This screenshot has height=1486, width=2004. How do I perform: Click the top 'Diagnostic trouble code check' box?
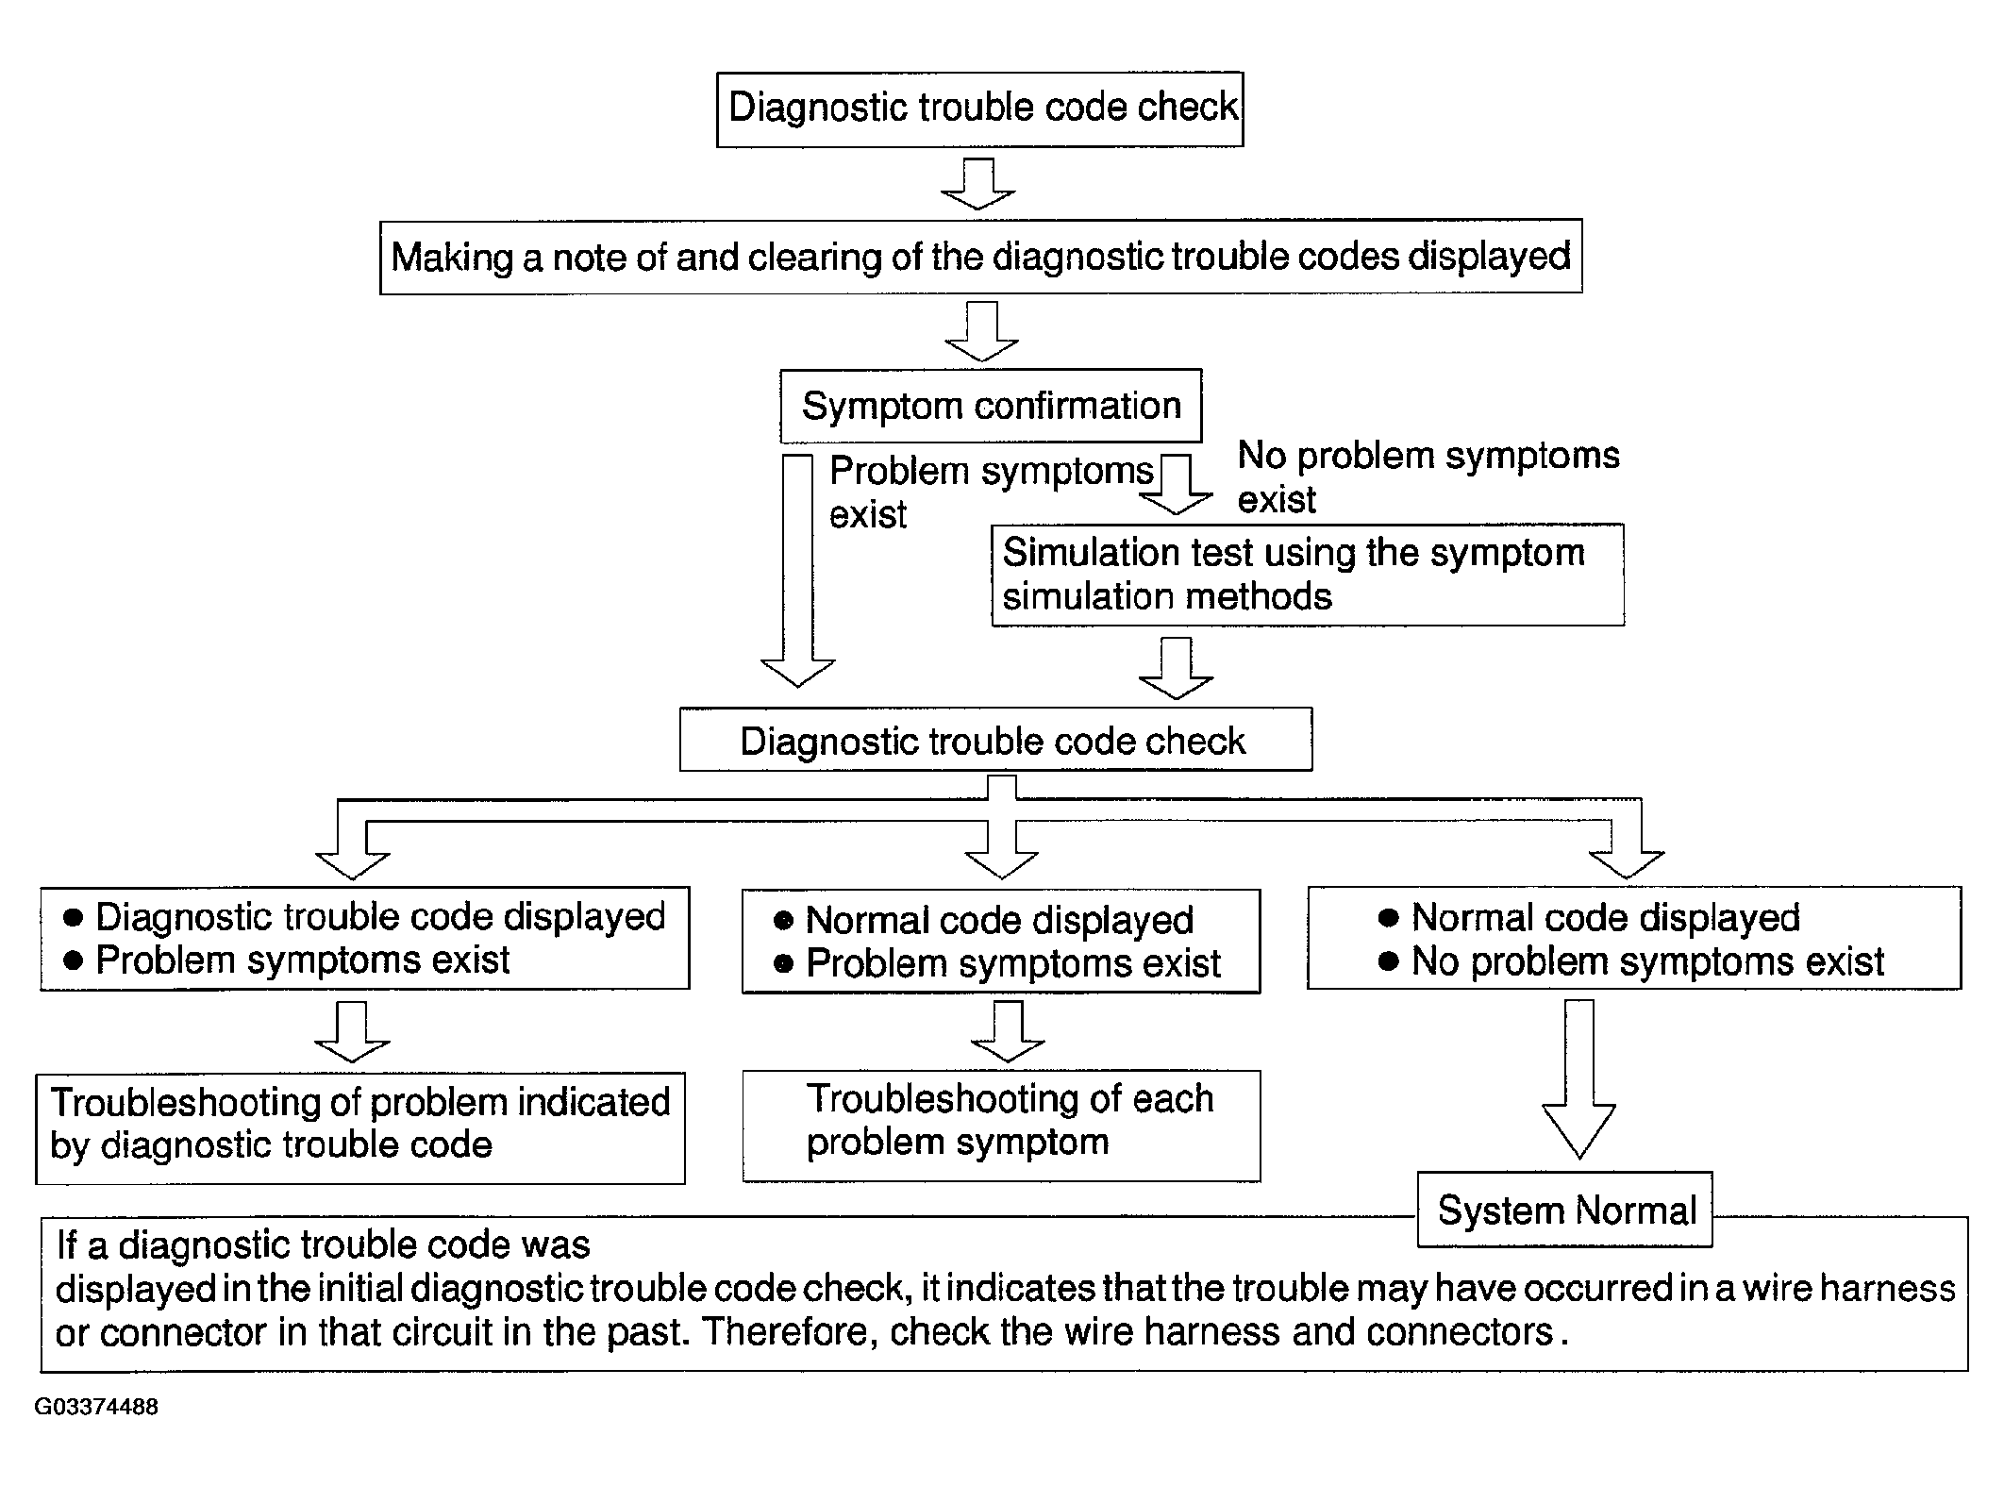coord(979,109)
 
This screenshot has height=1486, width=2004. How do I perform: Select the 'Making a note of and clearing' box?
coord(980,257)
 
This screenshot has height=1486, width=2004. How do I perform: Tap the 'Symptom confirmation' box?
coord(991,406)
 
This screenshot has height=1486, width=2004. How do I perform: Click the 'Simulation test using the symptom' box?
coord(1307,575)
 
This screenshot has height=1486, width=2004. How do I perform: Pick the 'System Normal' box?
coord(1565,1210)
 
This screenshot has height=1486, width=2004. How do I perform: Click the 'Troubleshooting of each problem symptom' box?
coord(1001,1125)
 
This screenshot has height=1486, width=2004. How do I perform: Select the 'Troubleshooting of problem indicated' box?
coord(359,1127)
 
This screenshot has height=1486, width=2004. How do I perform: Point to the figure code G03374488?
coord(96,1407)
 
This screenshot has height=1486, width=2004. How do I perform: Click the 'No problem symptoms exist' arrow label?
coord(1428,476)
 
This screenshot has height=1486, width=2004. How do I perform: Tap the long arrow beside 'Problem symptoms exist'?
coord(798,571)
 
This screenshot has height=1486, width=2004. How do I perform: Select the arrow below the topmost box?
coord(978,184)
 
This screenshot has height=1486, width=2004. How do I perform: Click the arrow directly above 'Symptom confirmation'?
coord(982,332)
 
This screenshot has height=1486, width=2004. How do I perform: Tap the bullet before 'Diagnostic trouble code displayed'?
coord(73,917)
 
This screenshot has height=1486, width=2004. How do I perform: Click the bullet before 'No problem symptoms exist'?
coord(1388,961)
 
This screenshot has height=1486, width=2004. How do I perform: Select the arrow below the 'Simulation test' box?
coord(1176,668)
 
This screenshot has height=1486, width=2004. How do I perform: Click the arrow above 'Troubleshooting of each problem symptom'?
coord(1008,1031)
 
